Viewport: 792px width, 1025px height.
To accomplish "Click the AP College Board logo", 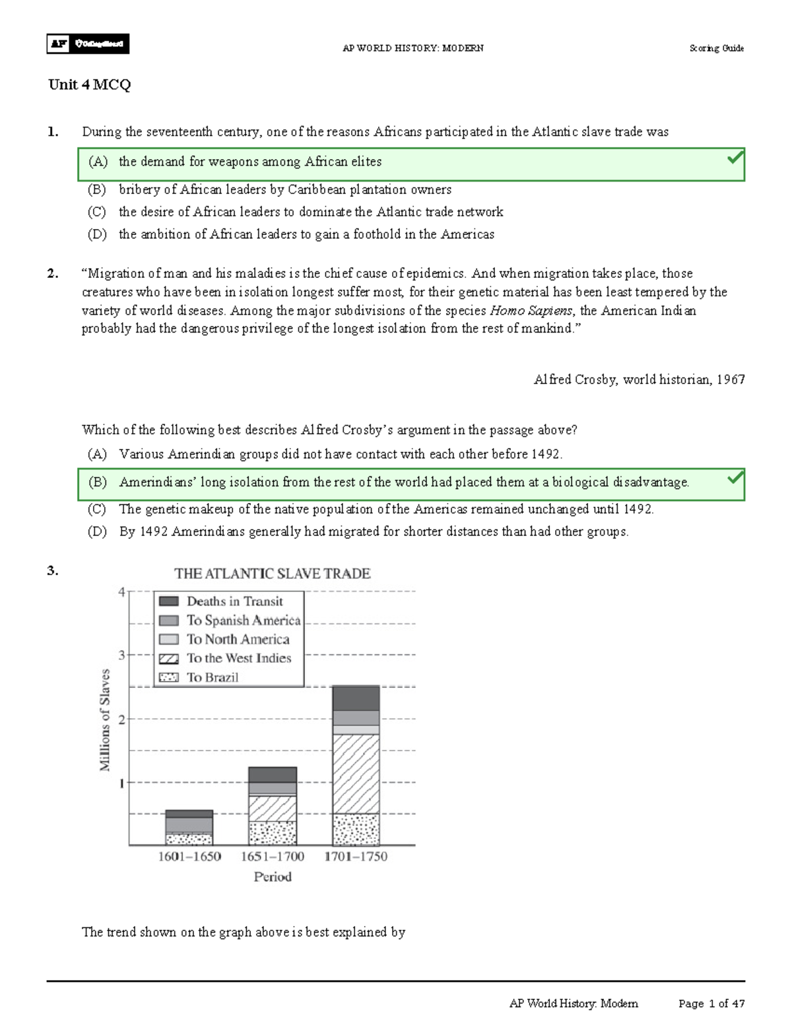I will coord(88,44).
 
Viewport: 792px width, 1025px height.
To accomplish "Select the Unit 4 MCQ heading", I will coord(89,84).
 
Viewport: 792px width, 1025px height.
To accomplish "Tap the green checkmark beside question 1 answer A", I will coord(735,158).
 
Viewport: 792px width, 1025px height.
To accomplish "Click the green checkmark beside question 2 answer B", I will coord(735,477).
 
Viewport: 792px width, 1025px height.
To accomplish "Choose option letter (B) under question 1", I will coord(97,190).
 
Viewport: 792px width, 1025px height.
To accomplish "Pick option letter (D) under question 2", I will coord(97,532).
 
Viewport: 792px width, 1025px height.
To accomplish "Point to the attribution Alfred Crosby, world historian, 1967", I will coord(639,380).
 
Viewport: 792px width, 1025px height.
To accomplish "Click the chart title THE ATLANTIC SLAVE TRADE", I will coord(272,574).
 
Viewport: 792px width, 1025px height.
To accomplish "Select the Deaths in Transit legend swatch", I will coord(169,601).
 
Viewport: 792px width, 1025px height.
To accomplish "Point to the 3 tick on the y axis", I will coord(121,655).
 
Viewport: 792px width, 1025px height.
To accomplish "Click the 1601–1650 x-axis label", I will coord(189,857).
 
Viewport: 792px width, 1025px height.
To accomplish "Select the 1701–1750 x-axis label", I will coord(356,857).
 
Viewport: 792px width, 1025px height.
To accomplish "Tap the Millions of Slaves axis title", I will coord(104,719).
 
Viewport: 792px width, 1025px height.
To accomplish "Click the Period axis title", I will coord(273,877).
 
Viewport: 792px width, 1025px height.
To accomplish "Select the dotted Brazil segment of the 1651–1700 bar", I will coord(273,833).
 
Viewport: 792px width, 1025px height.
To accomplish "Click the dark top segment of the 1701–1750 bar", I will coord(356,698).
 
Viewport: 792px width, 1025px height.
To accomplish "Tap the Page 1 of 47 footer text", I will coord(711,1004).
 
